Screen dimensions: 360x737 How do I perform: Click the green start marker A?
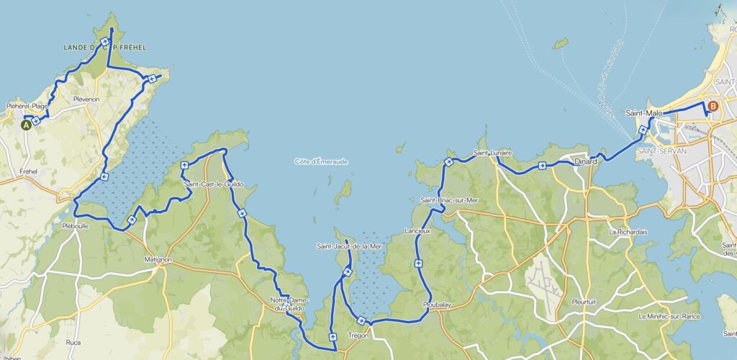[27, 125]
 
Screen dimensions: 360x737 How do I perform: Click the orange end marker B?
[713, 107]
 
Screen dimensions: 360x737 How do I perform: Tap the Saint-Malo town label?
[643, 113]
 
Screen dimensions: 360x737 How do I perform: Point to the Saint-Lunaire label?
[492, 153]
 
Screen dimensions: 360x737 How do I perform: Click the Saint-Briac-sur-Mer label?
[449, 199]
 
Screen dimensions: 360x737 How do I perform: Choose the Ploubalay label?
[437, 305]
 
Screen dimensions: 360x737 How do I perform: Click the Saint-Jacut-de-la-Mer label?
[349, 246]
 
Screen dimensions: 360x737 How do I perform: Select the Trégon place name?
[357, 336]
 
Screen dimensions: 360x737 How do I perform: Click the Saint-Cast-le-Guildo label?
[214, 184]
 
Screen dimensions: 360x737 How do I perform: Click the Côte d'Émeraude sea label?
[321, 161]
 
